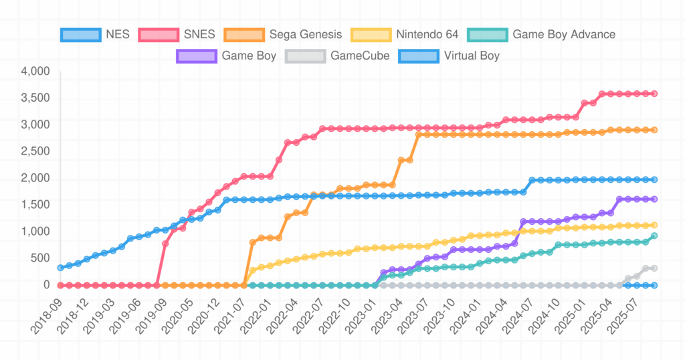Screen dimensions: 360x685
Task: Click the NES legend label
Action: (x=118, y=34)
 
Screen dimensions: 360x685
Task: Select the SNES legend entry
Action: (x=199, y=34)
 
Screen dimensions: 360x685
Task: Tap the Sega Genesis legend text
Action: (x=305, y=34)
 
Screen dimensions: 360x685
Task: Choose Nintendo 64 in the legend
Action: (x=427, y=34)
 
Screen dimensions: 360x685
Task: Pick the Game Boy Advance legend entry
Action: (x=563, y=34)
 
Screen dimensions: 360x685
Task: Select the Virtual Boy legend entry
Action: (x=472, y=56)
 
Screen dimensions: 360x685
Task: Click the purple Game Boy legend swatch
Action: (x=197, y=56)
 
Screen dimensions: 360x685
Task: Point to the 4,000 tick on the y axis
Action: (x=35, y=72)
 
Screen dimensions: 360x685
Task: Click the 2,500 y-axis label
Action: (x=35, y=151)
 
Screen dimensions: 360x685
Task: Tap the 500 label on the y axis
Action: (x=40, y=258)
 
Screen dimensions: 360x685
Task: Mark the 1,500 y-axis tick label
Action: (x=35, y=205)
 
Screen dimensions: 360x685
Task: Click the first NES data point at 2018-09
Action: (x=61, y=268)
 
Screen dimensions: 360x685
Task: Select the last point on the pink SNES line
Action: (x=654, y=94)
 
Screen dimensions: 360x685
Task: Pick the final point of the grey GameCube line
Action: (x=654, y=268)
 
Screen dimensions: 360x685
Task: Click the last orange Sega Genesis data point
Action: (x=654, y=130)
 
